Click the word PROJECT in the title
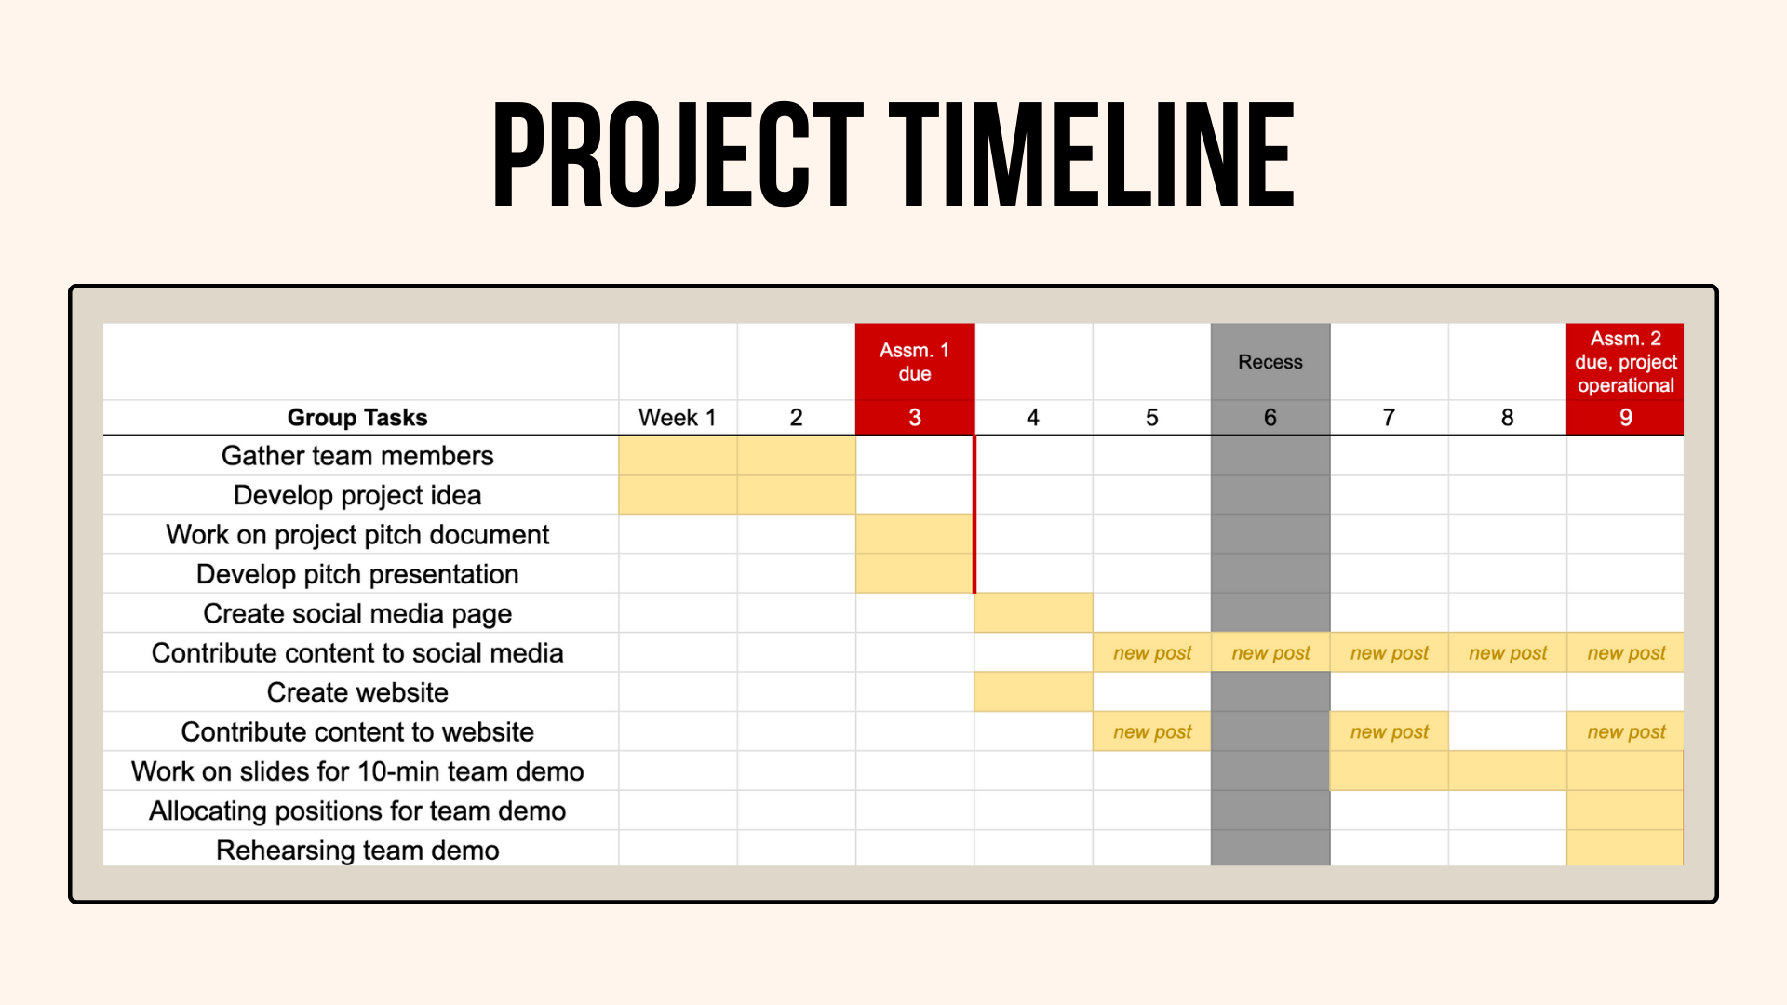tap(679, 154)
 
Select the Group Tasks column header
tap(357, 418)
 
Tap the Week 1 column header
tap(678, 418)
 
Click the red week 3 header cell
tap(915, 418)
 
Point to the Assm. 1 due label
tap(915, 362)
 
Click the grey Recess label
tap(1270, 362)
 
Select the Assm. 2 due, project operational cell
tap(1626, 362)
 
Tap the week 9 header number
tap(1626, 418)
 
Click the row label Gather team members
tap(357, 456)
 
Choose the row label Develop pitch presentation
tap(357, 574)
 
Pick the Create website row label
tap(357, 692)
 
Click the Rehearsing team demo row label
tap(357, 851)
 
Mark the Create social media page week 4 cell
tap(1033, 613)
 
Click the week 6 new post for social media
tap(1270, 653)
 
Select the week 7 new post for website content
tap(1390, 732)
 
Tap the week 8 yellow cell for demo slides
tap(1508, 771)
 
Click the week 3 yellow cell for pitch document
tap(915, 534)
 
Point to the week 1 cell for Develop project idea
tap(678, 495)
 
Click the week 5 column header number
tap(1152, 418)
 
